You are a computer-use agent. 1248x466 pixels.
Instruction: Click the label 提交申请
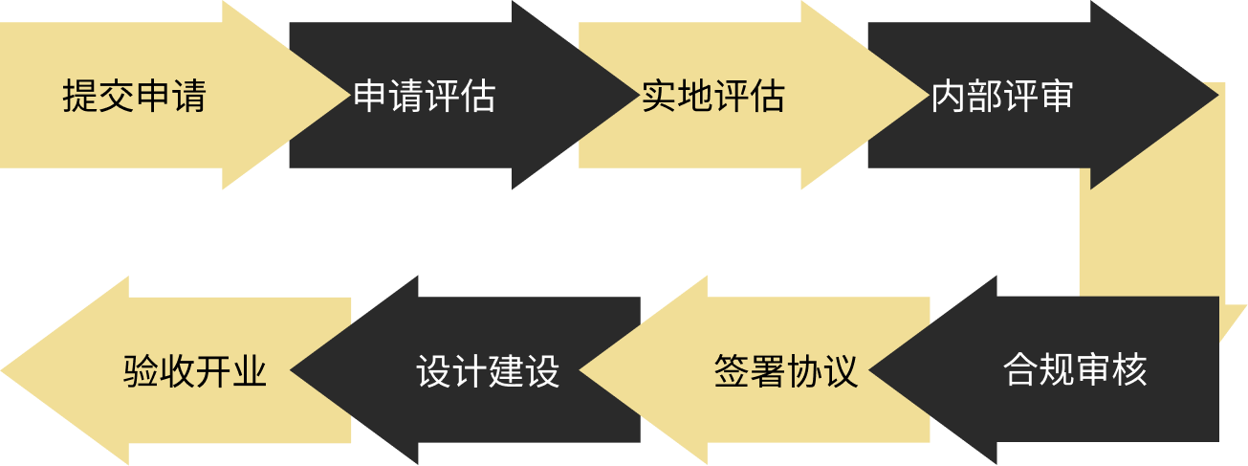(134, 96)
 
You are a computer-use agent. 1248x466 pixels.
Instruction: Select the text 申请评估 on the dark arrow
(424, 96)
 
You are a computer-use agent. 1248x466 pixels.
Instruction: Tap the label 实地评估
(713, 96)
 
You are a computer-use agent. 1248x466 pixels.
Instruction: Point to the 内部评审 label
(1002, 96)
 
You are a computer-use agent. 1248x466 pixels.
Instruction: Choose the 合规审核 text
(1075, 370)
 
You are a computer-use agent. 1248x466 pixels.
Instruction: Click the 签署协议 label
(786, 370)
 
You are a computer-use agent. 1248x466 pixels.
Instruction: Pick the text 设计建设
(488, 370)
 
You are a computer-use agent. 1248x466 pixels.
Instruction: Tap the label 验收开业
(195, 370)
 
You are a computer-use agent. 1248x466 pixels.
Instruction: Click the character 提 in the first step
(80, 96)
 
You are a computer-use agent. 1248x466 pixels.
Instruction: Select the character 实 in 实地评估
(660, 96)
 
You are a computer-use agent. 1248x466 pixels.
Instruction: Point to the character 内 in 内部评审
(949, 96)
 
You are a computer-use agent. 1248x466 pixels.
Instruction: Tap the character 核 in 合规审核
(1129, 370)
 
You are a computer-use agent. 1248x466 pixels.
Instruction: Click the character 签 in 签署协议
(732, 370)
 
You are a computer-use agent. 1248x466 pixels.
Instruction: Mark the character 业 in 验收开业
(249, 370)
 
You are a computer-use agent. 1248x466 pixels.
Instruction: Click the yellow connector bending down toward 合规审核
(1151, 239)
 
